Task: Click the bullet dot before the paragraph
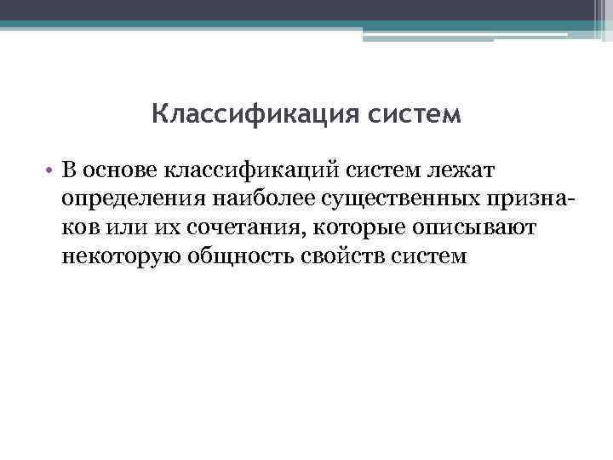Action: click(x=51, y=173)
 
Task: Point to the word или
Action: click(x=124, y=228)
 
